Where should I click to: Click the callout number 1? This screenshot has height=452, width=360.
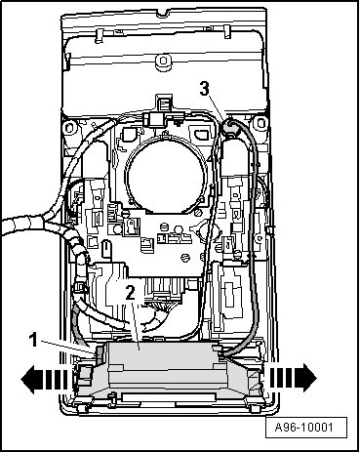pyautogui.click(x=33, y=341)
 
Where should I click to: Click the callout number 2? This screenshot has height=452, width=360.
pyautogui.click(x=130, y=292)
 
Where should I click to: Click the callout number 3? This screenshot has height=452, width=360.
pyautogui.click(x=204, y=88)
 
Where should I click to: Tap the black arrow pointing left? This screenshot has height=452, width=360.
pyautogui.click(x=45, y=379)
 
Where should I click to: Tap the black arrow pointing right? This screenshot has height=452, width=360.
pyautogui.click(x=292, y=378)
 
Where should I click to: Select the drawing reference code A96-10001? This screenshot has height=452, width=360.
pyautogui.click(x=304, y=427)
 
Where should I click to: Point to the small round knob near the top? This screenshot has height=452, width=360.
pyautogui.click(x=163, y=62)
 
